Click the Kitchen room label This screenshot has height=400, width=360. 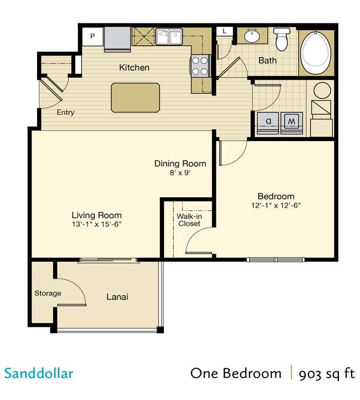(x=134, y=67)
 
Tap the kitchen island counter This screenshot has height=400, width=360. (x=135, y=97)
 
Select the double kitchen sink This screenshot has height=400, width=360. (x=170, y=37)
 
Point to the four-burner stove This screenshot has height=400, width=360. (x=199, y=65)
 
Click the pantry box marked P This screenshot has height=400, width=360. (x=93, y=37)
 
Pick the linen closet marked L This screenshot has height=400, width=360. (x=225, y=31)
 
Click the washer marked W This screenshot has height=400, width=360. (x=291, y=121)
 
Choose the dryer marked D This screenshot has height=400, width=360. (x=267, y=121)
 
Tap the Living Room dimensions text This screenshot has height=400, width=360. (x=97, y=224)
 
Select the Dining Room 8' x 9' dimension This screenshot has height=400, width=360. (x=180, y=173)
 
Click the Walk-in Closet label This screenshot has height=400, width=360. (x=189, y=220)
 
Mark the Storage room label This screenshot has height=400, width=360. (x=48, y=293)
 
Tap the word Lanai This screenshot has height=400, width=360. (x=117, y=297)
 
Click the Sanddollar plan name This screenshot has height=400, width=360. (x=39, y=374)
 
